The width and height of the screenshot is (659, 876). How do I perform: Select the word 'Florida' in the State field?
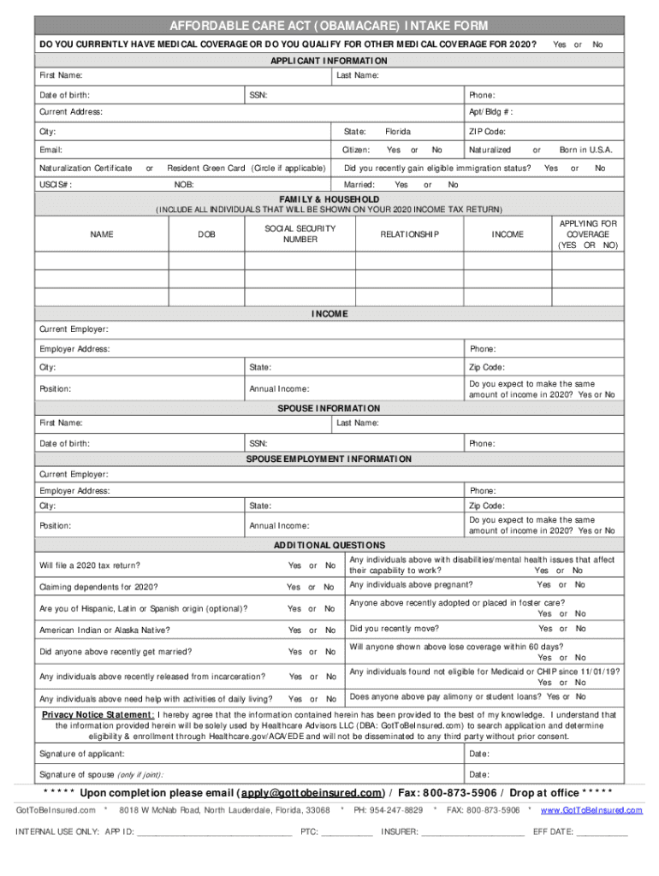[397, 132]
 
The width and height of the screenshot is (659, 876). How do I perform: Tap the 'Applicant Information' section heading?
[329, 61]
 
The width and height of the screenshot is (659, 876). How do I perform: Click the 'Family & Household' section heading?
[329, 198]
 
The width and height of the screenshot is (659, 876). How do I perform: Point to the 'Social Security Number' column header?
[288, 234]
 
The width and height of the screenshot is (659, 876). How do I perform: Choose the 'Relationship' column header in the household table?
[410, 234]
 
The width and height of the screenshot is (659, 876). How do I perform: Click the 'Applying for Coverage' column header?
[587, 234]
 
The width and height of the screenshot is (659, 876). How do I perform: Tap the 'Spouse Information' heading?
[329, 408]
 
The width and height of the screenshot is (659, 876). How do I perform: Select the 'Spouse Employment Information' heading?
[329, 459]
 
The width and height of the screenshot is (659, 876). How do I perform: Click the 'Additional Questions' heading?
[329, 545]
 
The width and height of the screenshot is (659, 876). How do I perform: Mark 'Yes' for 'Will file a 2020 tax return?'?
[294, 565]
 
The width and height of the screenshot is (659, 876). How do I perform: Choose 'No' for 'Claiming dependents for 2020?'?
[329, 587]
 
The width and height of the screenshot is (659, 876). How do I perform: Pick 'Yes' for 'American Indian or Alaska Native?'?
[294, 630]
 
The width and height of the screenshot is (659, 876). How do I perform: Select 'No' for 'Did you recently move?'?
[580, 628]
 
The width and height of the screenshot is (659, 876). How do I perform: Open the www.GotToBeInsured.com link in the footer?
[591, 809]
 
